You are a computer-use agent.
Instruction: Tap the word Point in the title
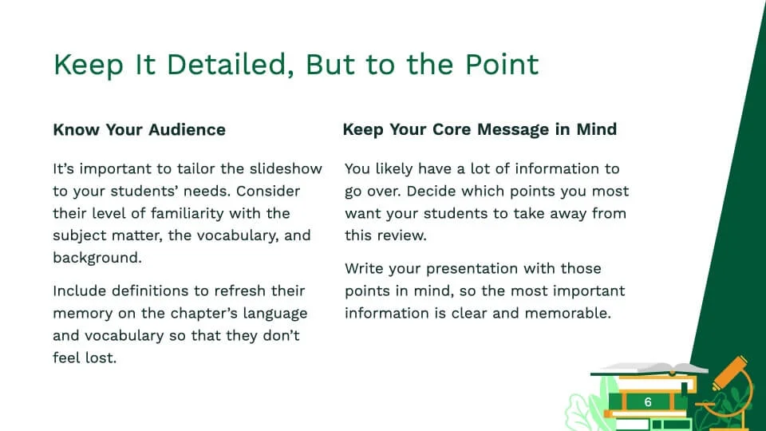coord(502,65)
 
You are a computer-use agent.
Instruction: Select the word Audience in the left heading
coord(187,129)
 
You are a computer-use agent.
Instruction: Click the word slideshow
coord(286,168)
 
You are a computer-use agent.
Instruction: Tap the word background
coord(97,258)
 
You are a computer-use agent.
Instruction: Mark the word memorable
coord(567,313)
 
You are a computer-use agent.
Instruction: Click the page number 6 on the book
coord(648,401)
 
